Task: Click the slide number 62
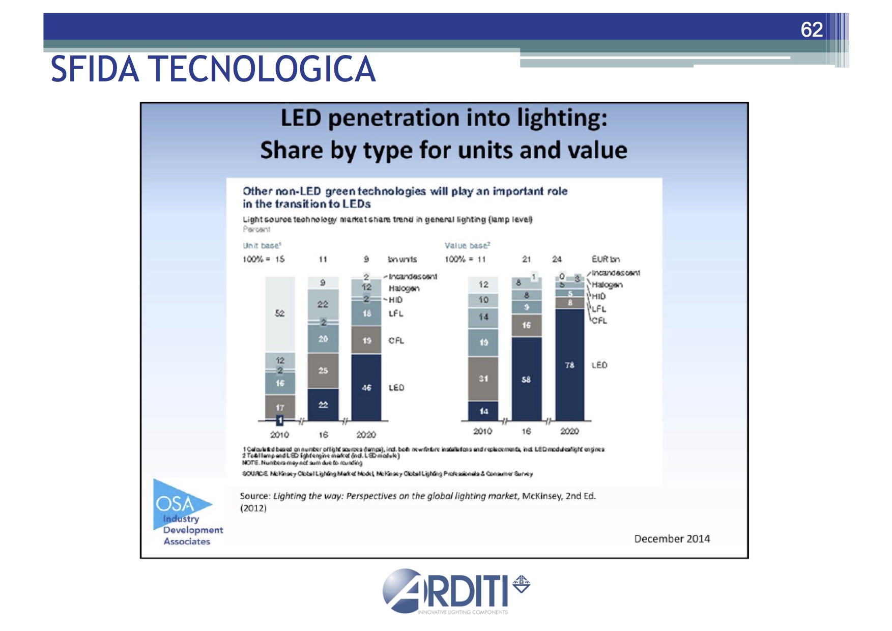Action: click(x=812, y=30)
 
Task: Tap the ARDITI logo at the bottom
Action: click(x=455, y=591)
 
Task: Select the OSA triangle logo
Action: click(x=178, y=504)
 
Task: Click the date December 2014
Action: click(x=672, y=539)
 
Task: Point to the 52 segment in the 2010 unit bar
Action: click(x=280, y=313)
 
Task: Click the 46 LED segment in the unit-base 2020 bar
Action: click(x=366, y=387)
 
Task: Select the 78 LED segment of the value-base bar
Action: click(x=569, y=365)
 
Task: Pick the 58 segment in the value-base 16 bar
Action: click(x=526, y=379)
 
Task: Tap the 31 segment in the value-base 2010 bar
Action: click(x=483, y=379)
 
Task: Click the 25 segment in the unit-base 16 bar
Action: click(x=323, y=370)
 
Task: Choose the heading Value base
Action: click(x=467, y=246)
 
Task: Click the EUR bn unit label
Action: click(x=606, y=259)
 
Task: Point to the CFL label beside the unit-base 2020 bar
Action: click(x=396, y=340)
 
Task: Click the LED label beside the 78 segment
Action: click(x=599, y=365)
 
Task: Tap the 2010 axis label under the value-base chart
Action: click(x=482, y=432)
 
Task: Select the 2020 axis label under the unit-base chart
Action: click(x=366, y=435)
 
